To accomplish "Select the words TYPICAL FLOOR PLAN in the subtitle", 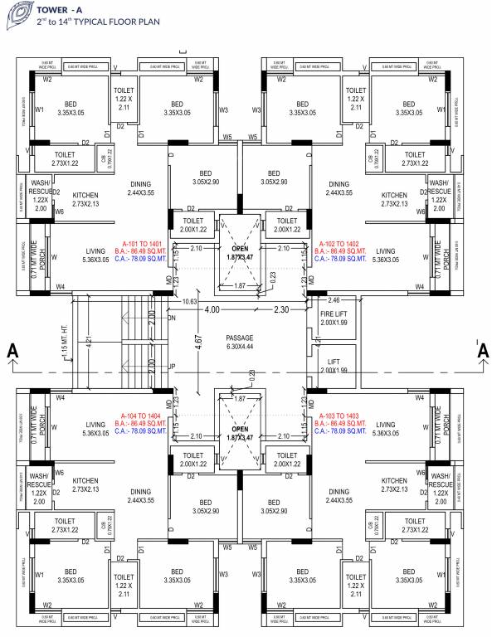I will click(99, 24).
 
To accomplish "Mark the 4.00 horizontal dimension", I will click(214, 309).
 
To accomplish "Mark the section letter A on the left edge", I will click(11, 352).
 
